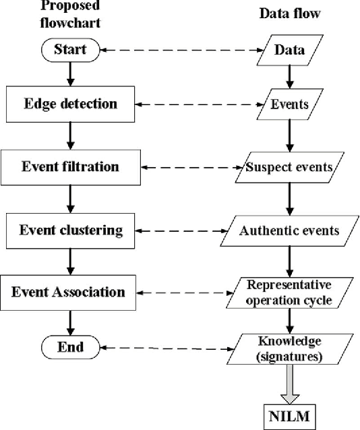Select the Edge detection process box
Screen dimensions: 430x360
[69, 104]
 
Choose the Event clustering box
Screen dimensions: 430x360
[69, 231]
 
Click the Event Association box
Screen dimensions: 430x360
[69, 293]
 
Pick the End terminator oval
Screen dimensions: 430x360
[70, 348]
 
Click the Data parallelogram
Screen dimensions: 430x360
[290, 50]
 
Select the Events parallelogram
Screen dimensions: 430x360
[290, 104]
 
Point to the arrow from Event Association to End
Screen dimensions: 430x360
[70, 323]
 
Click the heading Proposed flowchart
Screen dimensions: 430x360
[70, 15]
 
